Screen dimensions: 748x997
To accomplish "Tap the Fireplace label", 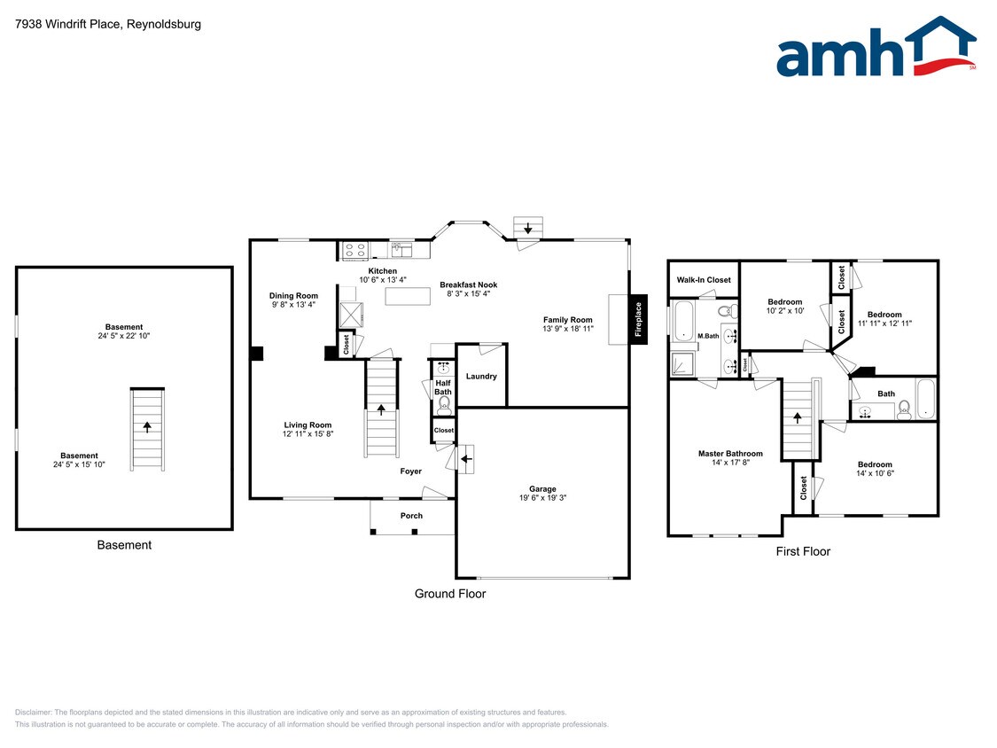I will point(637,319).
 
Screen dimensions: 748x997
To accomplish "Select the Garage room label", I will point(542,488).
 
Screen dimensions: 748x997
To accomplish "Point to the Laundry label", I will point(481,377).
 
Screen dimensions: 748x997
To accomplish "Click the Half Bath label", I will point(443,387).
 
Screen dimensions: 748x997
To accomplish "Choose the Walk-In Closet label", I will point(704,280).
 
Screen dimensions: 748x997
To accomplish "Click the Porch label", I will point(411,516).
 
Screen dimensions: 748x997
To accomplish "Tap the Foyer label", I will point(410,471).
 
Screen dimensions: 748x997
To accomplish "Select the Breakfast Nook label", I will point(469,284).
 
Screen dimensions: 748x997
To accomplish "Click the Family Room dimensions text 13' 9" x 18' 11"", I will point(568,329).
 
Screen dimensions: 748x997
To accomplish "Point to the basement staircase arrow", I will point(147,426).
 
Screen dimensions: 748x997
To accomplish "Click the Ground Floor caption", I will point(450,594).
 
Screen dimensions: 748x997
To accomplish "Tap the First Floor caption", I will point(803,551).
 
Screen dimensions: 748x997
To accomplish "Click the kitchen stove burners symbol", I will point(355,250).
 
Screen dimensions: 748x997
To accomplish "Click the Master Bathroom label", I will point(730,454).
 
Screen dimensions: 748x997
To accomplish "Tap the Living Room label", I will point(308,425).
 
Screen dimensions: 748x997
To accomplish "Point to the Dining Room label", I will point(293,295).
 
